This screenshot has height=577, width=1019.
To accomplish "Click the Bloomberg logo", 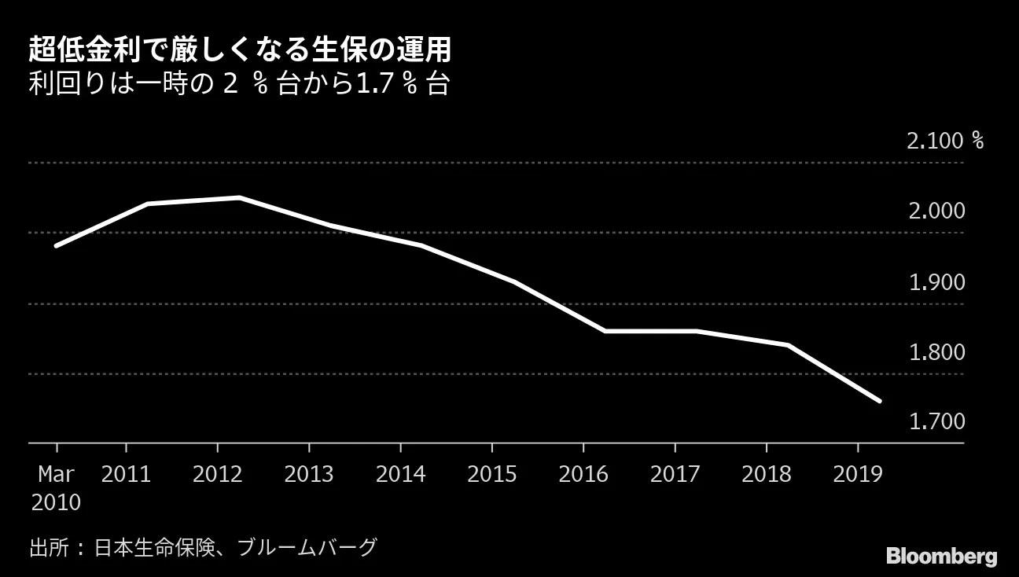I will point(941,557).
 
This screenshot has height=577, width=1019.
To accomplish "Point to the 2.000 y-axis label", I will point(936,211).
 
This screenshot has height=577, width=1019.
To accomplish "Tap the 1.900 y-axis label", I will point(936,281).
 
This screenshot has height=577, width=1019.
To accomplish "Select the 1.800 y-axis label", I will point(936,351).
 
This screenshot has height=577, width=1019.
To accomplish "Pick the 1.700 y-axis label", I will point(936,422).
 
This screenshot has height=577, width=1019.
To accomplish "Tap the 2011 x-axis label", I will point(126,475).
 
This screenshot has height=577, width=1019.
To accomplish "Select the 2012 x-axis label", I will point(217,475).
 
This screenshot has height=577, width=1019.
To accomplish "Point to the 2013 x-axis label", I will point(309,475).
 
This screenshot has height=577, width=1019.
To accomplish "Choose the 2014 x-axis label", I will point(400,475).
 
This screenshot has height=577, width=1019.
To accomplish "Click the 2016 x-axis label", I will point(583,475).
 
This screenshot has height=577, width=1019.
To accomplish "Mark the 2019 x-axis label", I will point(857,475).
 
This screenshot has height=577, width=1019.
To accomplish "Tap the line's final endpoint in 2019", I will point(879,401).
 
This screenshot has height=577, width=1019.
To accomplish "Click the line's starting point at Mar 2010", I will point(56,246).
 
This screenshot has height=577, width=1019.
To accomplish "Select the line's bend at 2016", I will point(605,331).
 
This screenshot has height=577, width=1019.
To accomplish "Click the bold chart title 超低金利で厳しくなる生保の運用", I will point(240,50).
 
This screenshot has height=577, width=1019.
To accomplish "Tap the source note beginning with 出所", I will point(204,546).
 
